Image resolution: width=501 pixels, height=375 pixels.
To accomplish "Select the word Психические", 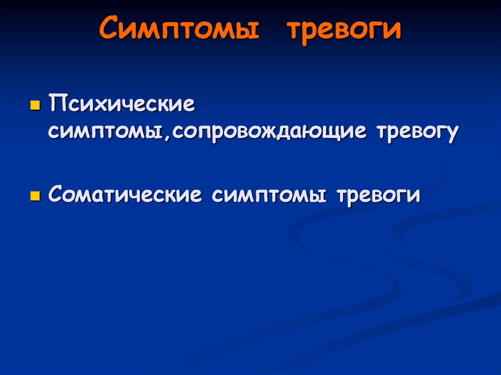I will tap(122, 105).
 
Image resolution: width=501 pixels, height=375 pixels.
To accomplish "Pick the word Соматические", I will tap(125, 195).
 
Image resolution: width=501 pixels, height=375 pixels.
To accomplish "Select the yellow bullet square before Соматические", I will tap(34, 196).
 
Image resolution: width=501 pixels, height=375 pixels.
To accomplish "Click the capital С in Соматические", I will tap(55, 195).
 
